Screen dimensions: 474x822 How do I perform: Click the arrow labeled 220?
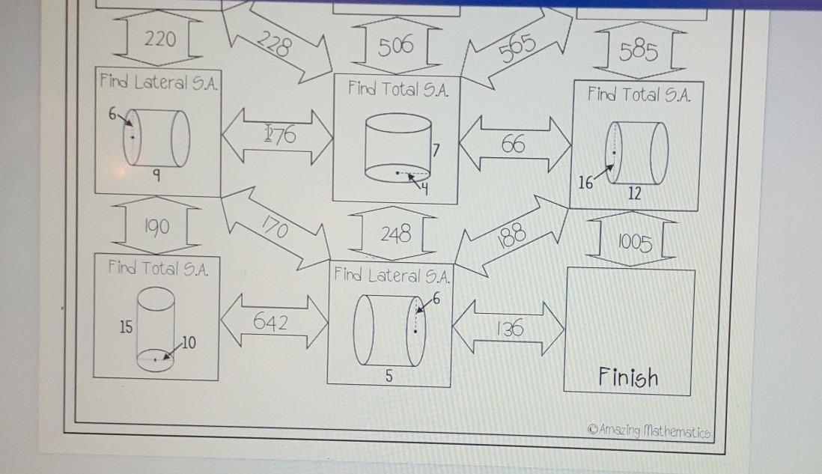point(159,41)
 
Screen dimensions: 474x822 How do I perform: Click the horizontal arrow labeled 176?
point(277,136)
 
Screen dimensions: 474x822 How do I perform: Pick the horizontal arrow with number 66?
point(514,145)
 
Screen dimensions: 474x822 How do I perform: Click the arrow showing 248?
point(395,234)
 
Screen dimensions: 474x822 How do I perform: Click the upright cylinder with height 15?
point(156,329)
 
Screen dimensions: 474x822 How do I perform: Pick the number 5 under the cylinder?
point(389,377)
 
